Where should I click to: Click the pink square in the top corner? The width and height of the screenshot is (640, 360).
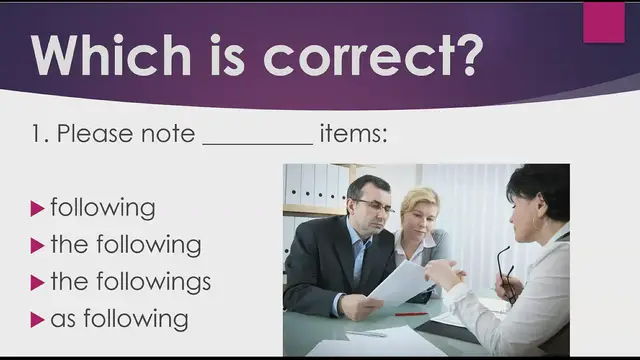[603, 22]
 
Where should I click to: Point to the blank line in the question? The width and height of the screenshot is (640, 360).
[257, 143]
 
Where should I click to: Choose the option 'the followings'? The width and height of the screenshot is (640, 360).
[130, 282]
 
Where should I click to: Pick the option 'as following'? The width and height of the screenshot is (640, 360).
[119, 319]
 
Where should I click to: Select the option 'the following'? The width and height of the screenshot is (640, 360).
[125, 244]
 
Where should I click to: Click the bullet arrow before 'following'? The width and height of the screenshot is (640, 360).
[38, 209]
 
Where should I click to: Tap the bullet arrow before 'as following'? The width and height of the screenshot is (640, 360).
[38, 320]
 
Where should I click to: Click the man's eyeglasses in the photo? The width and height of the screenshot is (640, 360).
[374, 205]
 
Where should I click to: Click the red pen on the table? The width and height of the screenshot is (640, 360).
[410, 314]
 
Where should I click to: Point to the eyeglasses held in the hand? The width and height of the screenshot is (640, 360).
[505, 270]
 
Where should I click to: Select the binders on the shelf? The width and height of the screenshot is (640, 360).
[310, 185]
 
